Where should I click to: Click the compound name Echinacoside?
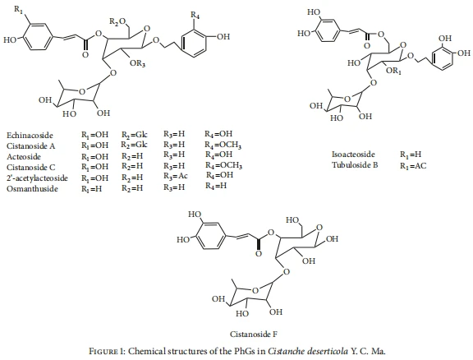tap(30, 136)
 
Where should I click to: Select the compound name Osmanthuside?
tap(32, 189)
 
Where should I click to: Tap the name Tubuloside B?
tap(355, 165)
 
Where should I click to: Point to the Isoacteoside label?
tap(353, 155)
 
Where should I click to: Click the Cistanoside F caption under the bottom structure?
tap(254, 334)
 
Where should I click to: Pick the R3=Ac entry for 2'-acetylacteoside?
tap(176, 176)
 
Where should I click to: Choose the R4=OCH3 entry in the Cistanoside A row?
tap(223, 145)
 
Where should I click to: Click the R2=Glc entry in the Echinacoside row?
tap(134, 135)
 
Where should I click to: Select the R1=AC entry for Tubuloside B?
tap(413, 166)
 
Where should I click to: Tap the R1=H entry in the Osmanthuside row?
tap(92, 189)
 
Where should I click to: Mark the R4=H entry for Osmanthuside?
tap(216, 186)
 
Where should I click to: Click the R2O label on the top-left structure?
tap(117, 21)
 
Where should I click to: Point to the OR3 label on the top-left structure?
tap(138, 64)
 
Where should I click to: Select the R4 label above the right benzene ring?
tap(195, 15)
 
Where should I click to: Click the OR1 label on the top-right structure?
tap(393, 72)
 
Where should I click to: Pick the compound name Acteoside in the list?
tap(24, 157)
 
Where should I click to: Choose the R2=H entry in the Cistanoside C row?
tap(132, 166)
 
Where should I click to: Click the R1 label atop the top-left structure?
tap(18, 9)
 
